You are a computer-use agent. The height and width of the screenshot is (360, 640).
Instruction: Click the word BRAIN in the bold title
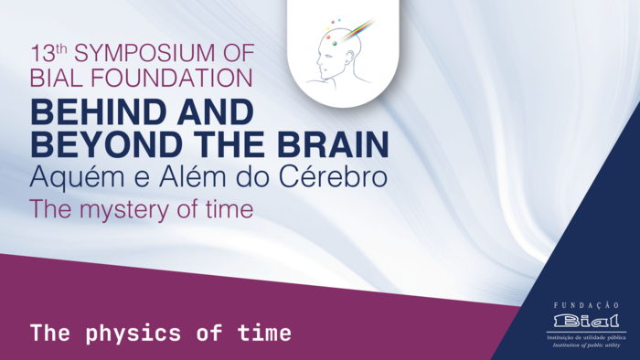tap(339, 143)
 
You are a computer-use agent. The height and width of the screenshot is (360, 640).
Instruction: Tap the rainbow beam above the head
tap(357, 27)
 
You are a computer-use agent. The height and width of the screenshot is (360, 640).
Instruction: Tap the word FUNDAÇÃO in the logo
tap(586, 305)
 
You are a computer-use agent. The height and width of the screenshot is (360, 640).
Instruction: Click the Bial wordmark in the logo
tap(586, 321)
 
